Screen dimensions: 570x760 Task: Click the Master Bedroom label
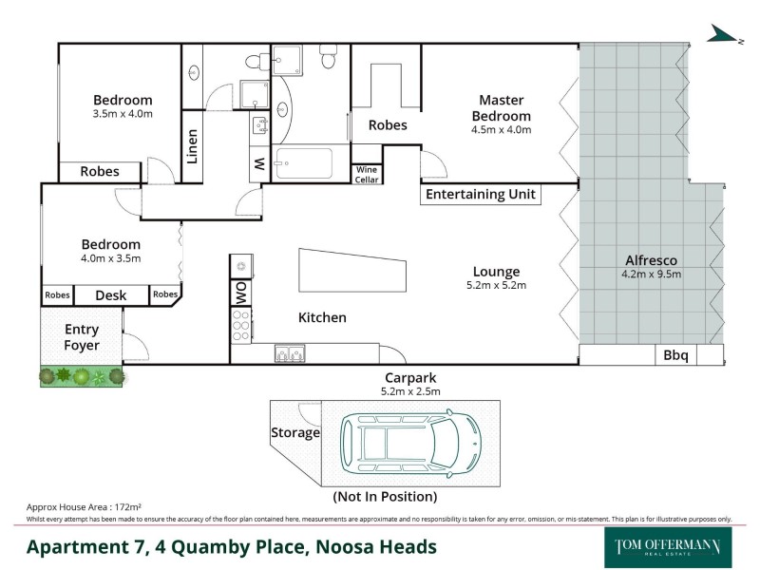501,107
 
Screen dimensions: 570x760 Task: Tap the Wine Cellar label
366,174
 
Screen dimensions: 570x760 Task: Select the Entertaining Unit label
481,195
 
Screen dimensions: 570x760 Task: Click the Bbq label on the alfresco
676,356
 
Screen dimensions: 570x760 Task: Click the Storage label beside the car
295,433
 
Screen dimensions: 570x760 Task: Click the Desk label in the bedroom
111,295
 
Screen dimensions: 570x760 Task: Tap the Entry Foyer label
82,337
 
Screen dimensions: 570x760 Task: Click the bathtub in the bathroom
303,163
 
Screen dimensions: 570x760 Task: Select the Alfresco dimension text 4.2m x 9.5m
652,275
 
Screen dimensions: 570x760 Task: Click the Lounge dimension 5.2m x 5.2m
497,284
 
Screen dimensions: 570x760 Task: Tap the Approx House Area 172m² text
85,508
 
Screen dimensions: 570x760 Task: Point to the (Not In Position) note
384,496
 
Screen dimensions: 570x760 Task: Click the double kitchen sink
289,354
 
